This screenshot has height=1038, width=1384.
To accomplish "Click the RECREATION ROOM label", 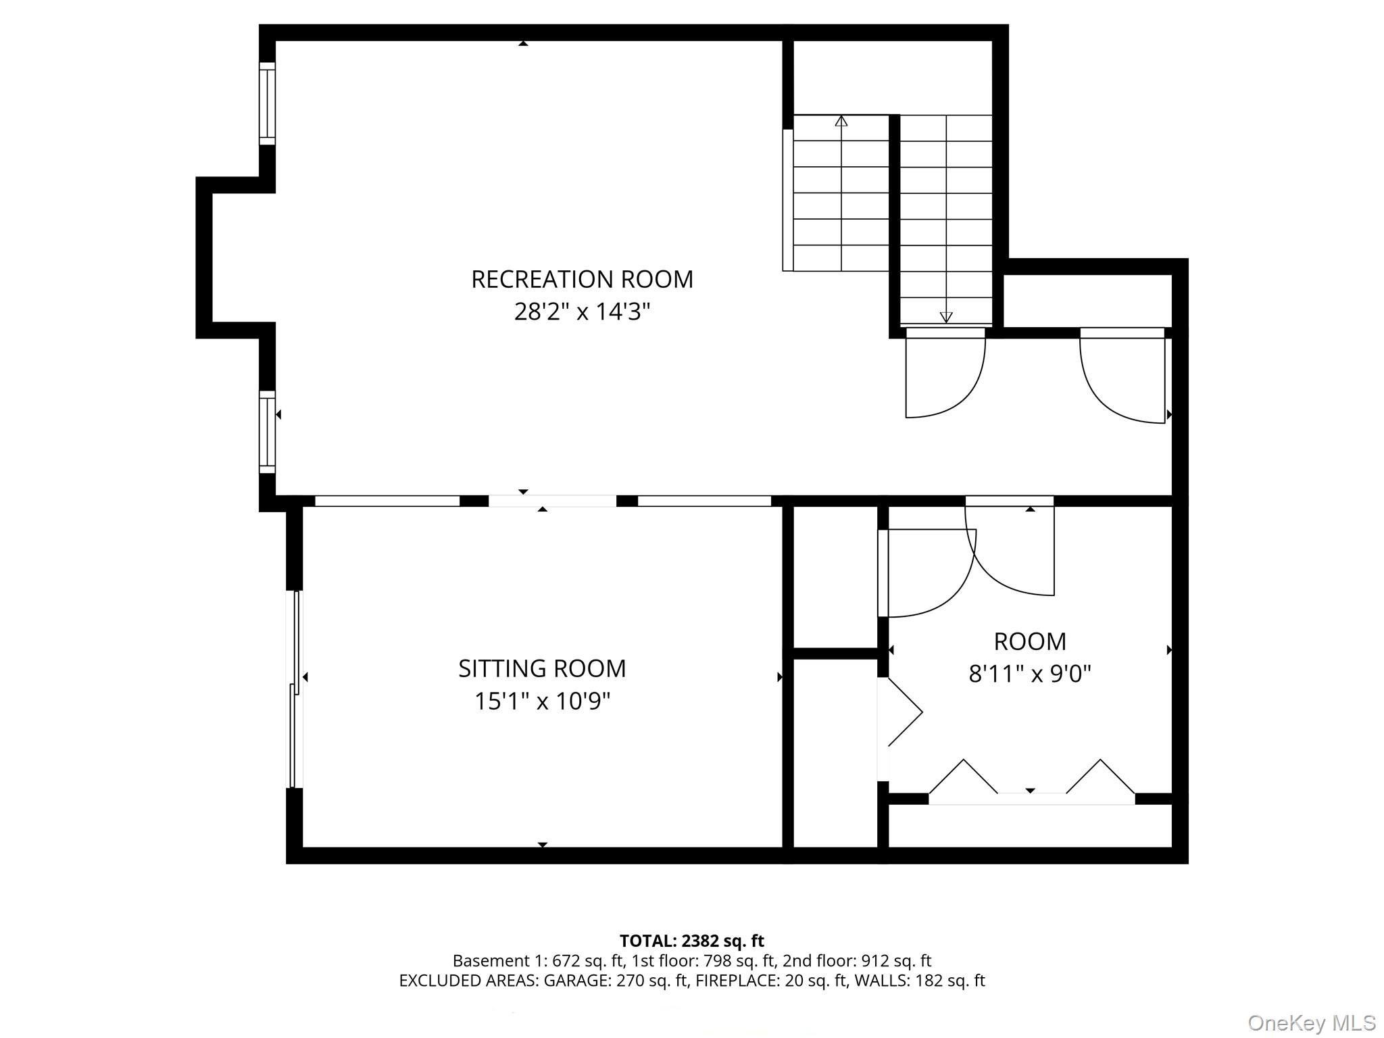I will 582,279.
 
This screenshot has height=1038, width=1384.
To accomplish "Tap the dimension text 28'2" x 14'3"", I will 582,312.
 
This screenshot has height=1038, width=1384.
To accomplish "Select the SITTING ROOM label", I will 542,668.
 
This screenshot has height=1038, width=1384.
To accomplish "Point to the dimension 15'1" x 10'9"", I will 542,701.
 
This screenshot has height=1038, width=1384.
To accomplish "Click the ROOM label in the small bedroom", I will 1030,641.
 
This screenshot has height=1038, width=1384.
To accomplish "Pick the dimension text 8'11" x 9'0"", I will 1030,674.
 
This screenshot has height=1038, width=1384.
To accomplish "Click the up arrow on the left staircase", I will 841,122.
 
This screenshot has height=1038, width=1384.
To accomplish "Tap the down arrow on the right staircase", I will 946,316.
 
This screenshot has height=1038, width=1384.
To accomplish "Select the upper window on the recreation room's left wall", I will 268,103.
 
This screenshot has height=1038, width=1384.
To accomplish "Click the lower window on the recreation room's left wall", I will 268,432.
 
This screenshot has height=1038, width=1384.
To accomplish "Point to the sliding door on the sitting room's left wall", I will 295,689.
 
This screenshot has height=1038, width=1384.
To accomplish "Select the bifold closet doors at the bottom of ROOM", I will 1031,784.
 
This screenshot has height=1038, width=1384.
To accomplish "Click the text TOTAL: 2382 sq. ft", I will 691,941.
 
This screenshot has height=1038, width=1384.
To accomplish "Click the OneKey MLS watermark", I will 1311,1022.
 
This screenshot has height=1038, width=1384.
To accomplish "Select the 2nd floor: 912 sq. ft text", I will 856,960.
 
